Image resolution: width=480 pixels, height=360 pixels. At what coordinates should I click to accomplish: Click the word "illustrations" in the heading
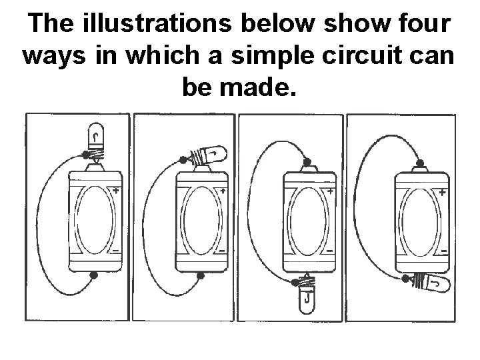pyautogui.click(x=157, y=23)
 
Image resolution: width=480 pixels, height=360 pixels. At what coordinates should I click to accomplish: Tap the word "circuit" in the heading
pyautogui.click(x=362, y=55)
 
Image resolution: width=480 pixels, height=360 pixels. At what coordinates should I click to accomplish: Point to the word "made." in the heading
pyautogui.click(x=259, y=87)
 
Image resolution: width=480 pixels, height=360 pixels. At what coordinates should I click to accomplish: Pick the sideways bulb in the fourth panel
pyautogui.click(x=431, y=284)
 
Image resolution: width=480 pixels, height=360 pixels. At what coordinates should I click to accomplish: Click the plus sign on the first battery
pyautogui.click(x=116, y=191)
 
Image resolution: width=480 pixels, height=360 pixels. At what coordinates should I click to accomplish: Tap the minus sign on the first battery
pyautogui.click(x=116, y=251)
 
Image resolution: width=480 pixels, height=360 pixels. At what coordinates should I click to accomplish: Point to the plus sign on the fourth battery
pyautogui.click(x=443, y=193)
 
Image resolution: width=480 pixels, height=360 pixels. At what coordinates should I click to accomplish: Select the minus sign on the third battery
pyautogui.click(x=330, y=251)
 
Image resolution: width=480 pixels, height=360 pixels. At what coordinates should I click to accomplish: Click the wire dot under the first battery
pyautogui.click(x=94, y=275)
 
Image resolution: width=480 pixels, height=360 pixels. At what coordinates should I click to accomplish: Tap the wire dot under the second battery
pyautogui.click(x=201, y=276)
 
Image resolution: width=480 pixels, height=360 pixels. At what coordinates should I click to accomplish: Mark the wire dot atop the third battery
pyautogui.click(x=307, y=162)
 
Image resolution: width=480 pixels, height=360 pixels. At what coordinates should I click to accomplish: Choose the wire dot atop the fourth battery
pyautogui.click(x=420, y=163)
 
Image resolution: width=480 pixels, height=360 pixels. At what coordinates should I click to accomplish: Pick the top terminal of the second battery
pyautogui.click(x=202, y=169)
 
